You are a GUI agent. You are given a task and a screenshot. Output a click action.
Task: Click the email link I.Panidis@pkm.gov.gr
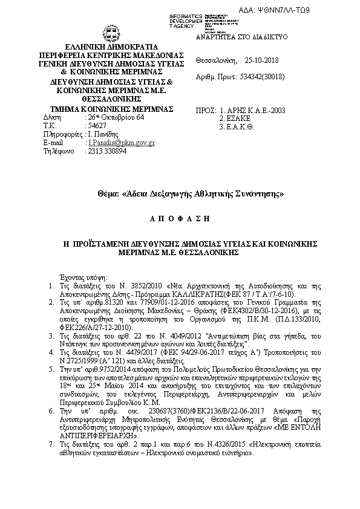(122, 143)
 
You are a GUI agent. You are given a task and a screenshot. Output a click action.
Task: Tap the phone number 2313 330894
(107, 151)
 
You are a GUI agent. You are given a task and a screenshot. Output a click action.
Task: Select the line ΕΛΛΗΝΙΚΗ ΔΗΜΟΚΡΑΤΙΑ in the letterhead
(106, 46)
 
